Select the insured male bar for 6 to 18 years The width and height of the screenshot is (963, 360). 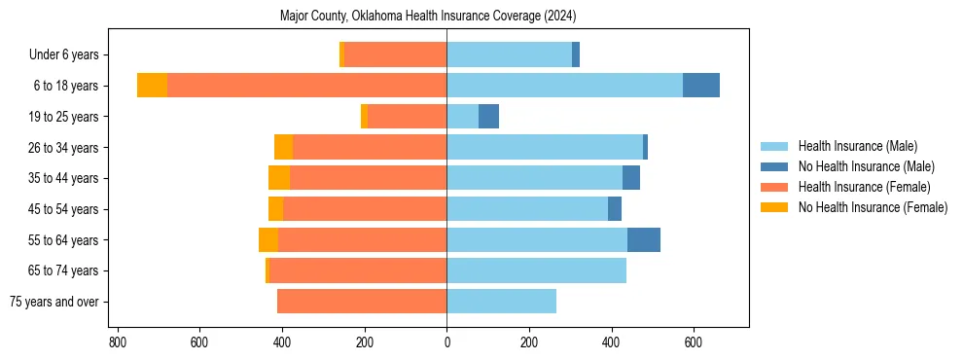(x=564, y=86)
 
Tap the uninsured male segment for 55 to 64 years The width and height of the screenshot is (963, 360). (x=643, y=239)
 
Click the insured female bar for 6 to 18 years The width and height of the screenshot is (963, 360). (x=306, y=86)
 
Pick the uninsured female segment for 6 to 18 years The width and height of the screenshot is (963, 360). (x=152, y=86)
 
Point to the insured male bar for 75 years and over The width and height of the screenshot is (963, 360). (x=501, y=302)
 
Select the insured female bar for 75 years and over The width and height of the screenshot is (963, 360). (x=361, y=302)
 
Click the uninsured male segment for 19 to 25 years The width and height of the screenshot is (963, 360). (x=488, y=117)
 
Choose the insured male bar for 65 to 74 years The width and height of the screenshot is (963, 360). (x=536, y=270)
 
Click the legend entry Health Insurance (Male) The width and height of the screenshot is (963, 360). (x=857, y=146)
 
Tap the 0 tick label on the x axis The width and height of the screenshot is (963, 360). (x=446, y=342)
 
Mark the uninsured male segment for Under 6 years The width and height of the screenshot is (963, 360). (x=576, y=54)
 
